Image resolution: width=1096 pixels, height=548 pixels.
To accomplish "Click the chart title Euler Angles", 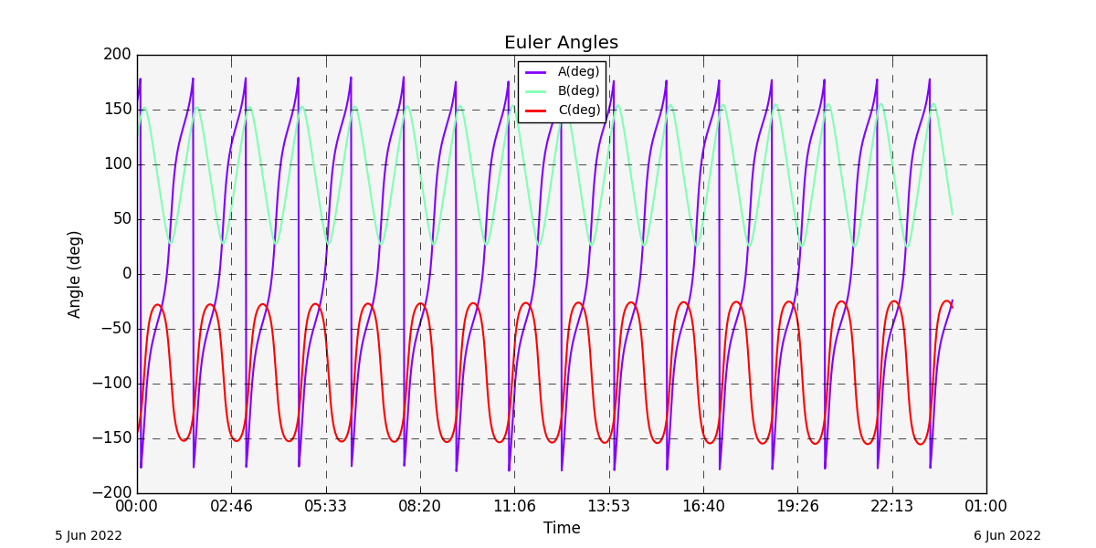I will coord(561,43).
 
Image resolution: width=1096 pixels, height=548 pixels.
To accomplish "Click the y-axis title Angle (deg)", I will coord(75,274).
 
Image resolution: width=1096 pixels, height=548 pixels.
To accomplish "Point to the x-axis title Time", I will coord(562,528).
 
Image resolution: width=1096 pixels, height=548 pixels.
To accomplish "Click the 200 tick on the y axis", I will coord(117,55).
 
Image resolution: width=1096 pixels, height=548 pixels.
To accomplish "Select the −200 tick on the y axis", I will coord(111,493).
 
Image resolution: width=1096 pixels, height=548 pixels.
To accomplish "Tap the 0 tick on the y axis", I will coord(127,274).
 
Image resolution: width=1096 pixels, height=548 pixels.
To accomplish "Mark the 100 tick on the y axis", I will coord(117,164).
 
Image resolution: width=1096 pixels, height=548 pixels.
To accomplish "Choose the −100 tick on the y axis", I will coord(111,384).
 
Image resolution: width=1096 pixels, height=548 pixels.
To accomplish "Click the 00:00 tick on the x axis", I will coord(137,506).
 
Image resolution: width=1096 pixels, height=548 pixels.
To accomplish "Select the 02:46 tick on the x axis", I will coord(231,506).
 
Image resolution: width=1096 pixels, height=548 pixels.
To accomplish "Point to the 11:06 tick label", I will coord(514,506).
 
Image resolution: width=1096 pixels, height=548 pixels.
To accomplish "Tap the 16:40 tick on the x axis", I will coord(703,506).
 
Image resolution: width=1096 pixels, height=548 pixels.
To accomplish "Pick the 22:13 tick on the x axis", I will coord(892,506).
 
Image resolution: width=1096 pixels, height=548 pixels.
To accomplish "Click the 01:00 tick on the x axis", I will coord(986,506).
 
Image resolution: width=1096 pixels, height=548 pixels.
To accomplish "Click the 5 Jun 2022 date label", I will coord(89,536).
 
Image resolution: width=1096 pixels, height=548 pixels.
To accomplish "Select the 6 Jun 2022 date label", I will coord(1006,536).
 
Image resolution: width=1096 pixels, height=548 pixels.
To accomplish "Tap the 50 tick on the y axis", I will coord(121,219).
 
